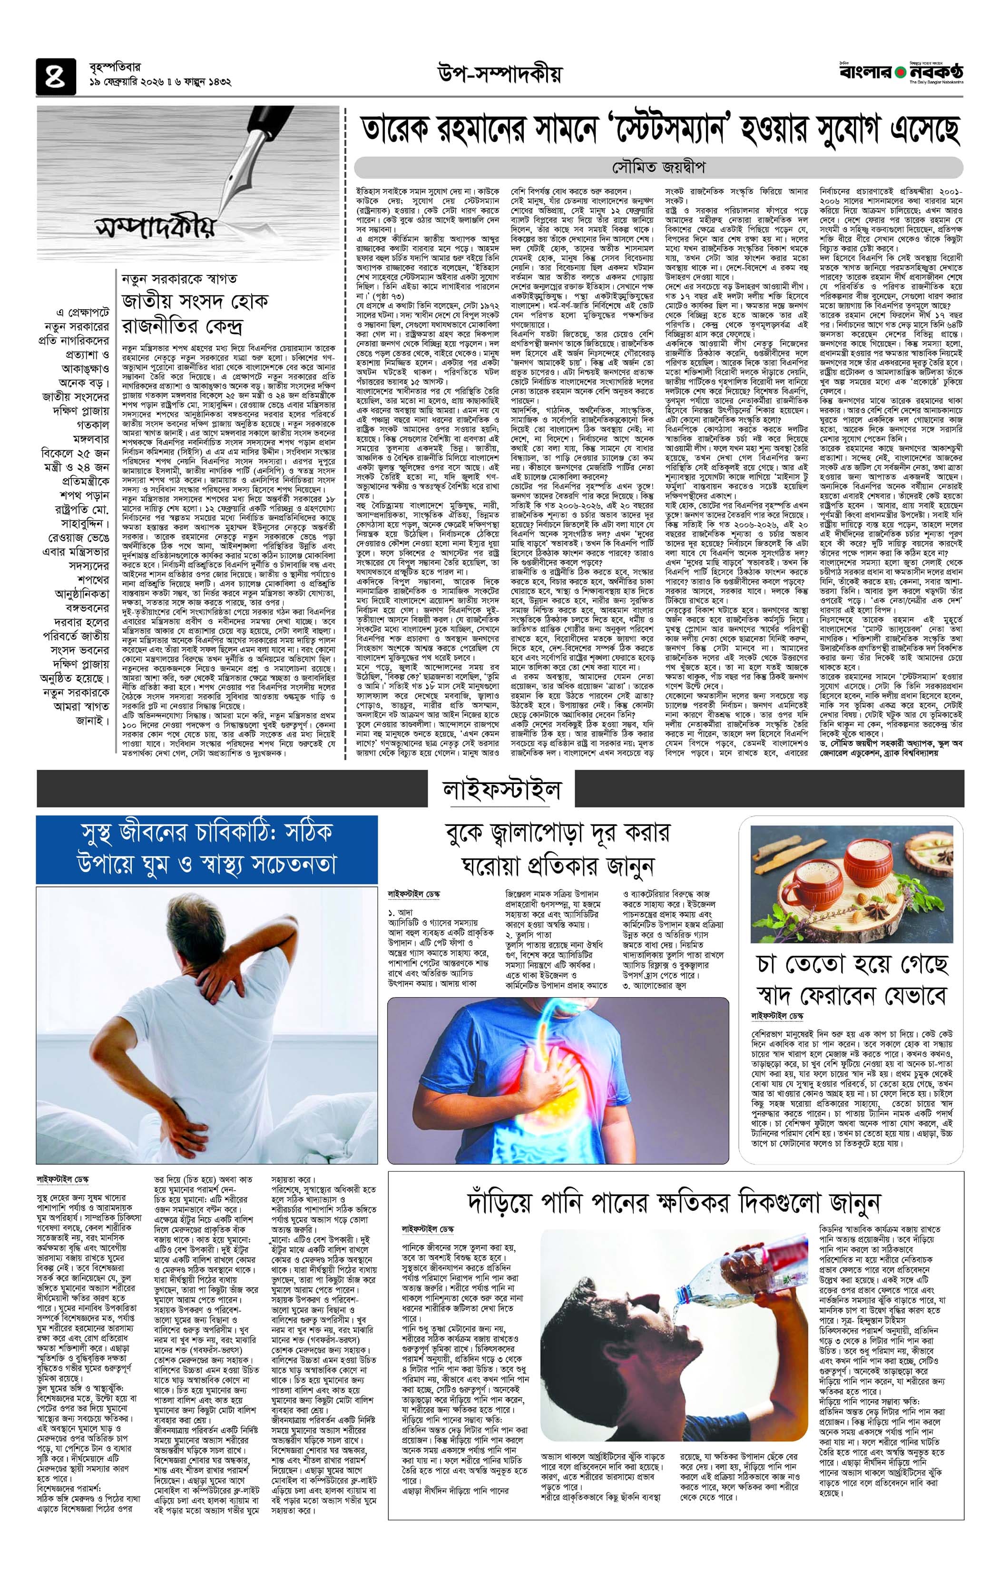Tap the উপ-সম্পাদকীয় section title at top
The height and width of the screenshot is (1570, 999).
click(x=499, y=75)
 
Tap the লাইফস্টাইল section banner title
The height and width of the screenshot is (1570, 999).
click(x=499, y=791)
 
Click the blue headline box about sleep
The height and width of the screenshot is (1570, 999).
click(x=206, y=849)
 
